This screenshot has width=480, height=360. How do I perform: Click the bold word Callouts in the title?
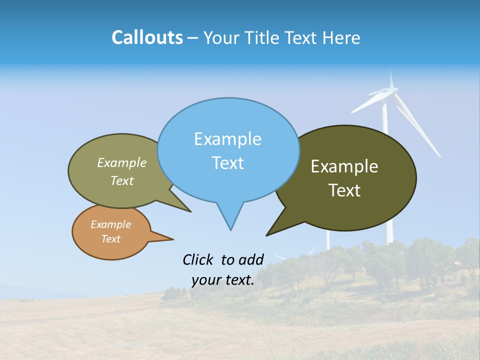pyautogui.click(x=147, y=37)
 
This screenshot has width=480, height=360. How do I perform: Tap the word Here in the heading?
pyautogui.click(x=341, y=38)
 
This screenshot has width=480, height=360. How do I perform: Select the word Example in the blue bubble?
pyautogui.click(x=227, y=139)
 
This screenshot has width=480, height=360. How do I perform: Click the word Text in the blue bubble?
pyautogui.click(x=227, y=163)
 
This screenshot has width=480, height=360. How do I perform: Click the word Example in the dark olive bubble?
pyautogui.click(x=344, y=166)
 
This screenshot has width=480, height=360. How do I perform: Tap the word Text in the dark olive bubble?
pyautogui.click(x=344, y=190)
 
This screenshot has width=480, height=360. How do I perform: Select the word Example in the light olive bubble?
pyautogui.click(x=122, y=162)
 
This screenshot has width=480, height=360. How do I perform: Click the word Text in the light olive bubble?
pyautogui.click(x=122, y=180)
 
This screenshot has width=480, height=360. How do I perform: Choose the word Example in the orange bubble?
pyautogui.click(x=110, y=224)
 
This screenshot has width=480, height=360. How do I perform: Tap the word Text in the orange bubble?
pyautogui.click(x=110, y=239)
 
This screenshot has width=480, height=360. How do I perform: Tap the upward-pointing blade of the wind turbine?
pyautogui.click(x=391, y=77)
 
